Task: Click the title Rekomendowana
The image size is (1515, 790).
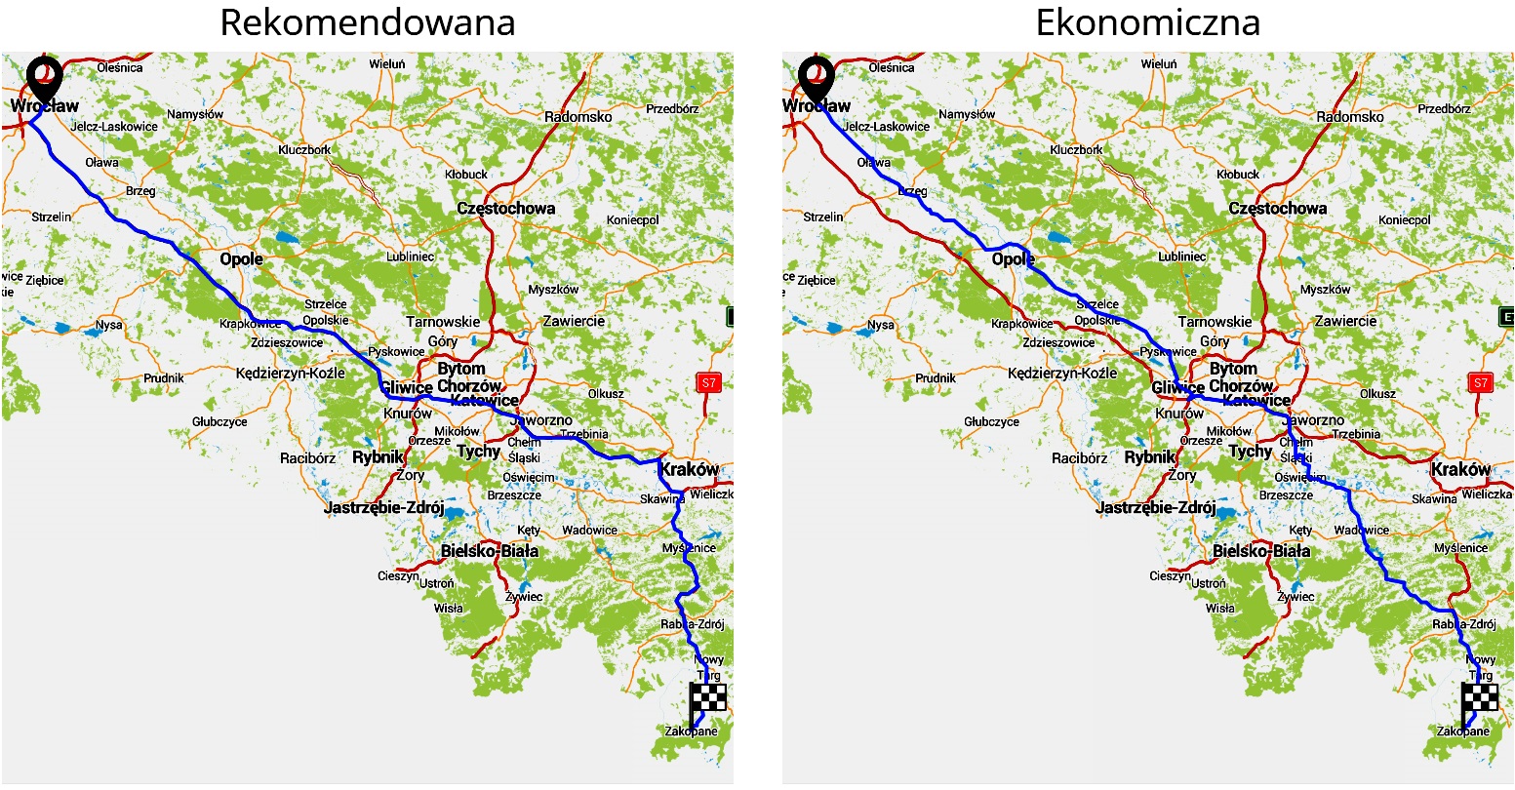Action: click(367, 22)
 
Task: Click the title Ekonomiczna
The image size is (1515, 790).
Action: click(1147, 22)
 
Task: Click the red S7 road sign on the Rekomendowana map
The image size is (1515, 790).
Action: click(708, 382)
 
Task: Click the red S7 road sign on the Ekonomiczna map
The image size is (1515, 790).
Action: click(1480, 382)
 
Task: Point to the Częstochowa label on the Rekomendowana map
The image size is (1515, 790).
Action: click(505, 208)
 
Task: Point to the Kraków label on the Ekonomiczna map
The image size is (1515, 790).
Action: click(1460, 469)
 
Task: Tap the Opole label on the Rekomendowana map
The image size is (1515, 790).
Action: click(241, 259)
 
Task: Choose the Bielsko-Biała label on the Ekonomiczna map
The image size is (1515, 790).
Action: click(1260, 551)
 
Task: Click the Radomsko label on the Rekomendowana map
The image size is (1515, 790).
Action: click(578, 117)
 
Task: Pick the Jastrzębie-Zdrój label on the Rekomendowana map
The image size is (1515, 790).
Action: click(383, 507)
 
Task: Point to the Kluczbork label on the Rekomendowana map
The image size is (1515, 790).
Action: click(305, 150)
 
